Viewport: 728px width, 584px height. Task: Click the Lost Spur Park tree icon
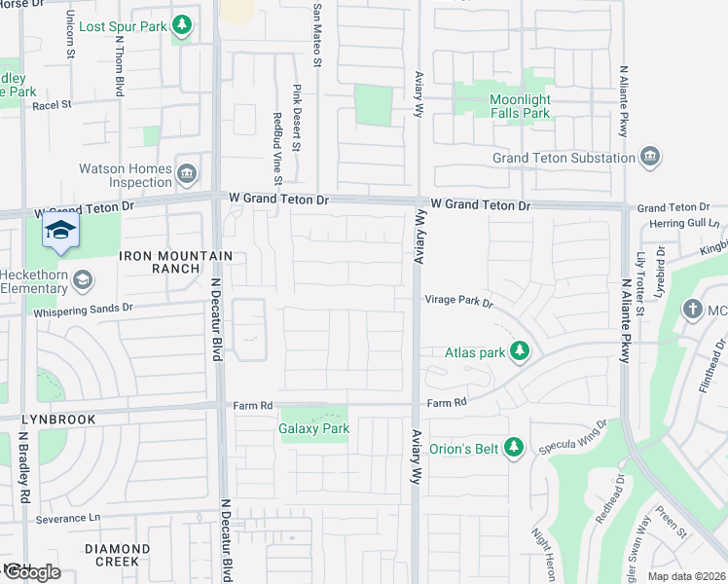coord(181,24)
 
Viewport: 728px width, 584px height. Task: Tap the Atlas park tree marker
coord(520,351)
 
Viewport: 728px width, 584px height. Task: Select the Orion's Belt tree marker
coord(515,448)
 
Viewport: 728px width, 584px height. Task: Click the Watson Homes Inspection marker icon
coord(187,174)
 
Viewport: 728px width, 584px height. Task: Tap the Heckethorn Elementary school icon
coord(85,280)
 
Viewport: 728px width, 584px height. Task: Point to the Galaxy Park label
coord(313,428)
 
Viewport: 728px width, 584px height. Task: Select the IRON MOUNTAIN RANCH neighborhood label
coord(176,262)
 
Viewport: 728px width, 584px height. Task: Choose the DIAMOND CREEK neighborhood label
coord(117,555)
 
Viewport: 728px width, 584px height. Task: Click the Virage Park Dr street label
coord(458,302)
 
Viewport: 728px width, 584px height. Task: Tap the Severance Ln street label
coord(68,519)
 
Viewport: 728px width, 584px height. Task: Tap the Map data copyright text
coord(686,576)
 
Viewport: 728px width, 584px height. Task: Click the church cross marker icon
coord(692,310)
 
